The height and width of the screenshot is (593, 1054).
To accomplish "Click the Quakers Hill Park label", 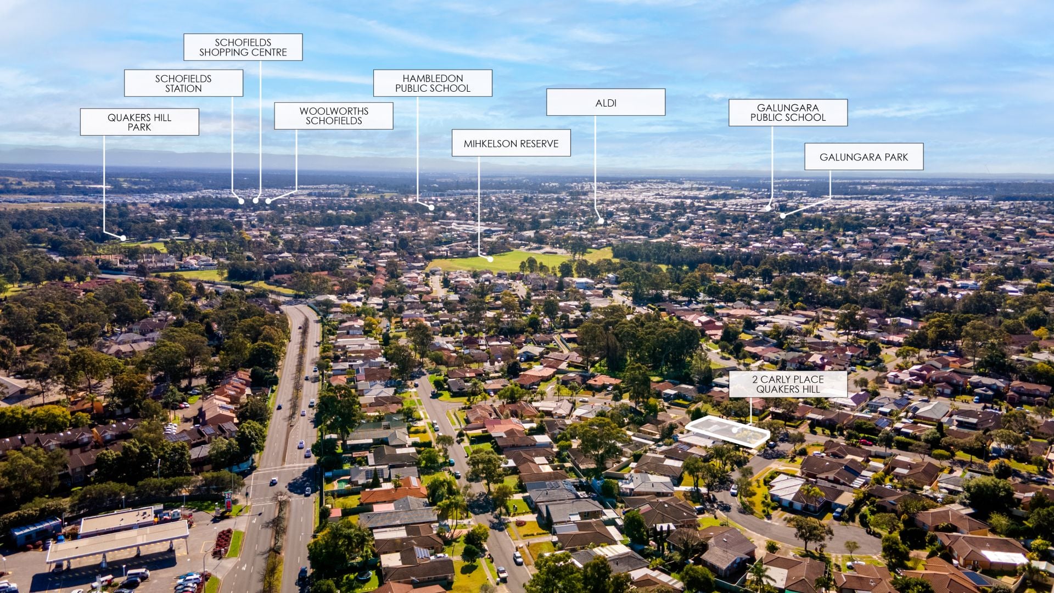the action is tap(139, 122).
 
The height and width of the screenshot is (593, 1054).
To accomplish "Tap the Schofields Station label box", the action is tap(183, 83).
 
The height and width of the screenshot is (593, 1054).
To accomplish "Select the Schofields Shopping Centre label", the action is tap(243, 47).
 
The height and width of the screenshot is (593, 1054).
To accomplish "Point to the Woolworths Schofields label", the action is tap(334, 116).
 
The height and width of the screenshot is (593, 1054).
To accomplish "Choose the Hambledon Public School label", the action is tap(433, 83).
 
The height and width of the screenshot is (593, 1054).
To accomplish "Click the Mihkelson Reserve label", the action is tap(511, 143).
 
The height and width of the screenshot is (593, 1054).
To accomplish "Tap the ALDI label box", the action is tap(606, 102).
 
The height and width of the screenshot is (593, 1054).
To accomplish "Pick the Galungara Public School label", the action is tap(788, 113).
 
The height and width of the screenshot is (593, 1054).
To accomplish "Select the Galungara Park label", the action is tap(864, 156).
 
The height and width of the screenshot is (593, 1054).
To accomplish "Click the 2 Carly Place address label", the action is tap(788, 384).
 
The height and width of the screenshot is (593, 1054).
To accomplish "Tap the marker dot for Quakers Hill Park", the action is tap(124, 238).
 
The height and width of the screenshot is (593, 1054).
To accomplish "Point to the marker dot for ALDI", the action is tap(601, 221).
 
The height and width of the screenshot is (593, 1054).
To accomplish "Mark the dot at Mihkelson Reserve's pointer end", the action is tap(490, 259).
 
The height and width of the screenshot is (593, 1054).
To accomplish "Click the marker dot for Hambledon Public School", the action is tap(431, 208).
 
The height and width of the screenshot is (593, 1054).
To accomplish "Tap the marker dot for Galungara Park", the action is tap(783, 216).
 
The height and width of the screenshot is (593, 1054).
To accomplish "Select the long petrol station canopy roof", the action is tap(118, 540).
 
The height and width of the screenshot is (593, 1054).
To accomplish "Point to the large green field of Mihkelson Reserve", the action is tap(522, 260).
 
